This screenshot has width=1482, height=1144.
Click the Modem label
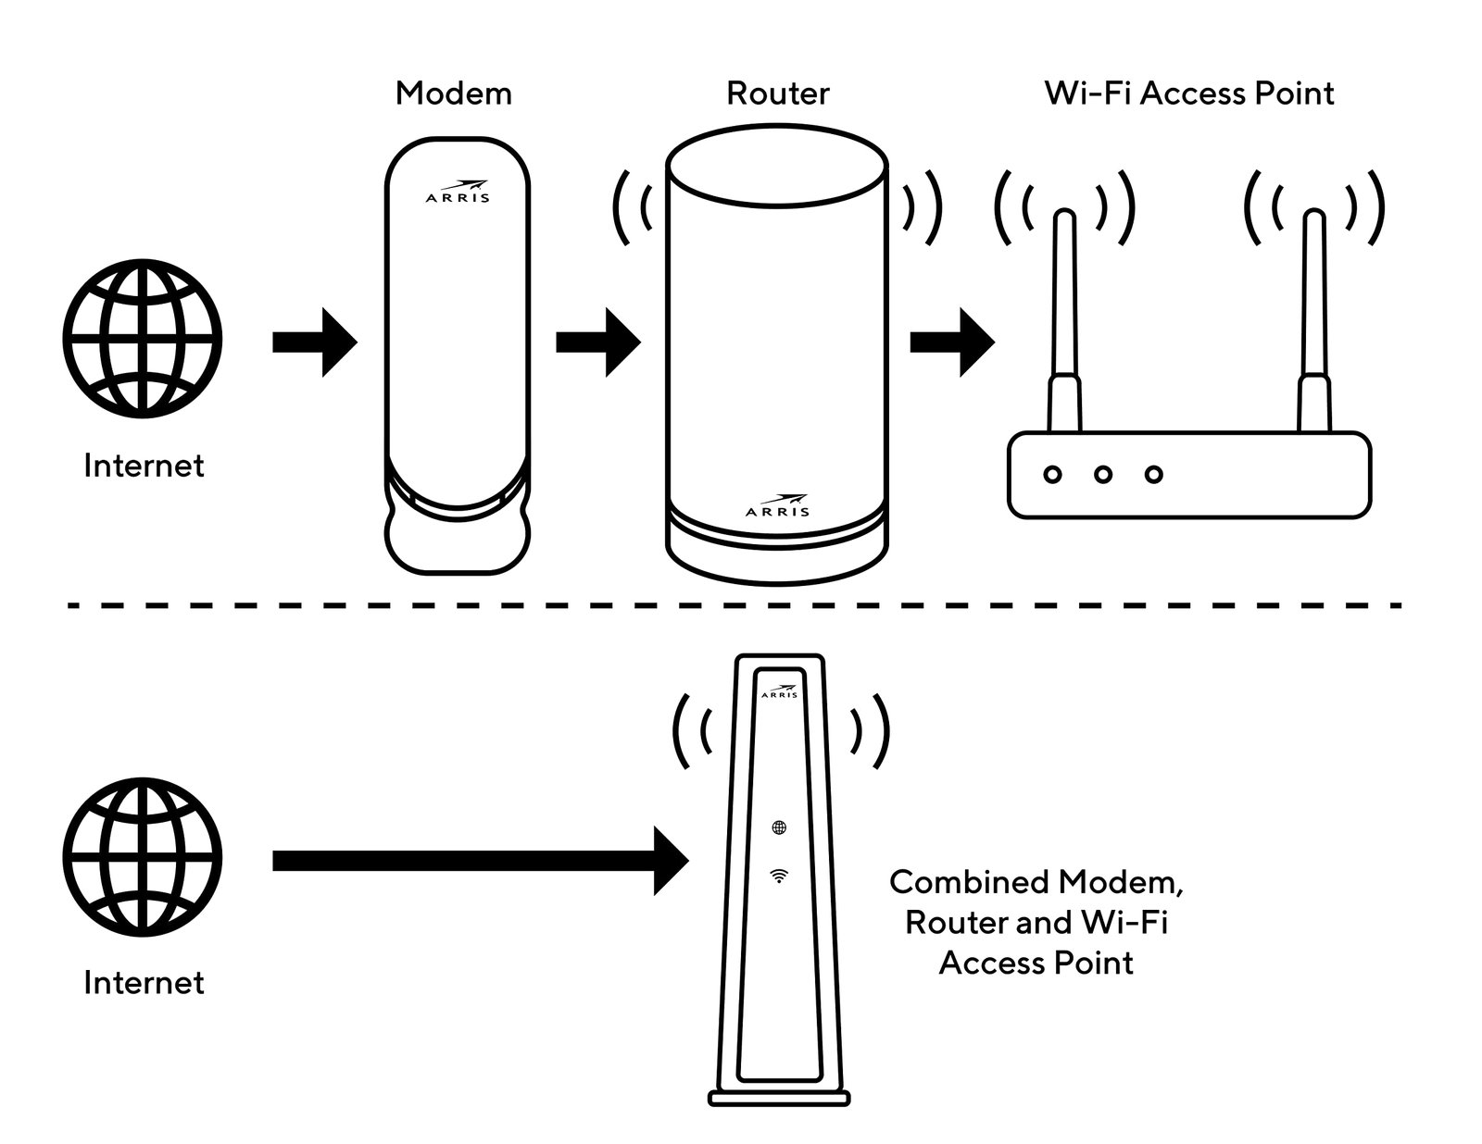tap(453, 93)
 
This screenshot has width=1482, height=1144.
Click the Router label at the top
tap(777, 93)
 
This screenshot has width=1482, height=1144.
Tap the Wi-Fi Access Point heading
tap(1188, 93)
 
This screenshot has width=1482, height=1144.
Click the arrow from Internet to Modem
tap(314, 342)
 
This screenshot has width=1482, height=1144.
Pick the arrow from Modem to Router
tap(597, 342)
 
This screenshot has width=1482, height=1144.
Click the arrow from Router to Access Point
tap(951, 342)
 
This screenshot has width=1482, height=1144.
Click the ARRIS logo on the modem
tap(458, 192)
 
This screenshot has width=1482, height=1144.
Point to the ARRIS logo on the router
tap(777, 506)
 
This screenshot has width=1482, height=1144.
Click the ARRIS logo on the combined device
tap(778, 692)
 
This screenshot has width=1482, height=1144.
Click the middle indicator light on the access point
tap(1102, 475)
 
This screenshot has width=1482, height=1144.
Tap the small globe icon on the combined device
tap(779, 827)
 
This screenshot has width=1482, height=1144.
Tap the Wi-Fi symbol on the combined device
tap(779, 876)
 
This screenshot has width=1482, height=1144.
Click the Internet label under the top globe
tap(143, 466)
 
